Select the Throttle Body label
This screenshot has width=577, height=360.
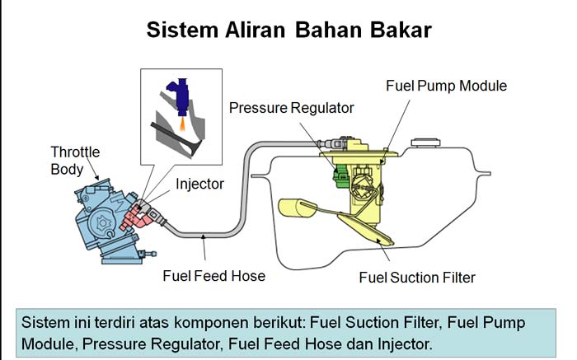(75, 161)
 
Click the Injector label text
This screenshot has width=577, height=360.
(199, 184)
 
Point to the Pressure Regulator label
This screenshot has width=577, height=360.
(291, 107)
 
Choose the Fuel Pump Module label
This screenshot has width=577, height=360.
(446, 85)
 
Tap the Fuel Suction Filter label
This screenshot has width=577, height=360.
(417, 277)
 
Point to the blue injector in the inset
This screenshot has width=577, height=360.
(176, 92)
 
